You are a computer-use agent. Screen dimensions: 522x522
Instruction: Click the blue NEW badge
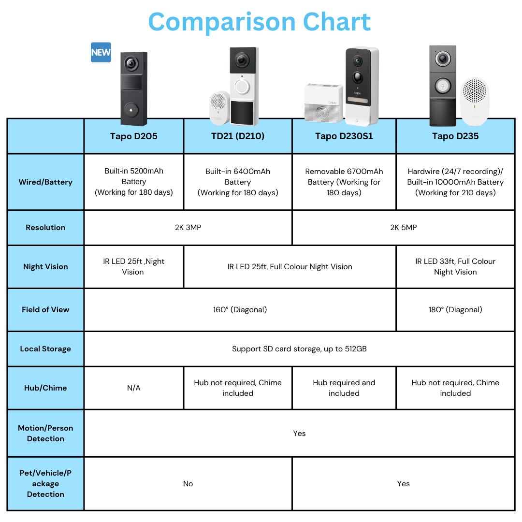click(x=101, y=52)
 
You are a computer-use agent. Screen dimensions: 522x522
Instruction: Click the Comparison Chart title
click(x=260, y=22)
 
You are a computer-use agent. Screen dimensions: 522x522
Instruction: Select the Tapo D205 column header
click(x=134, y=136)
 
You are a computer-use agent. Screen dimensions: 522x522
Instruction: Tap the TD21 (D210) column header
click(x=238, y=136)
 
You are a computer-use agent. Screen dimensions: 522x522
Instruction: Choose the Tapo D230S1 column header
click(x=344, y=136)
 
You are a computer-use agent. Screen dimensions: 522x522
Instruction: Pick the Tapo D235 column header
click(x=455, y=136)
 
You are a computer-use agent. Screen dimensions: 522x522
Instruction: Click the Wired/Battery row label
click(x=45, y=182)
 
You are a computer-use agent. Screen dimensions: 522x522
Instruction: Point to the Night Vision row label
click(x=45, y=267)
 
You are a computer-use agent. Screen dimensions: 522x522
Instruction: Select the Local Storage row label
click(x=45, y=349)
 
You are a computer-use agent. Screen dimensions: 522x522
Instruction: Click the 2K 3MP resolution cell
click(x=188, y=227)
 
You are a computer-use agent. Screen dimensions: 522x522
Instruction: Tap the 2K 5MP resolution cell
click(x=404, y=227)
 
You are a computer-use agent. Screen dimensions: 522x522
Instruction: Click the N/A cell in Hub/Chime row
click(x=134, y=388)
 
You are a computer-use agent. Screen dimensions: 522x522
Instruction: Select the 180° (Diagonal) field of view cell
click(x=455, y=310)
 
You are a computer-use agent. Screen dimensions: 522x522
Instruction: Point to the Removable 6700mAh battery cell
click(x=344, y=182)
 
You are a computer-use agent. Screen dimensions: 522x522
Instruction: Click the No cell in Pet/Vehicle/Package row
click(x=188, y=484)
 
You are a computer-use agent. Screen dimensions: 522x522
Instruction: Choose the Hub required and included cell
click(x=344, y=388)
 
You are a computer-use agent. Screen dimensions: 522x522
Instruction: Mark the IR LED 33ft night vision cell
click(x=455, y=267)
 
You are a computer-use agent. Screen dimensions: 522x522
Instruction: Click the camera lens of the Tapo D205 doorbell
click(x=131, y=63)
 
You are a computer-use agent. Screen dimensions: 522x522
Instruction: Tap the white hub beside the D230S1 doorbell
click(x=323, y=102)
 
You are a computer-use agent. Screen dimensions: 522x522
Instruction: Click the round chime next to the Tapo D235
click(x=475, y=101)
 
